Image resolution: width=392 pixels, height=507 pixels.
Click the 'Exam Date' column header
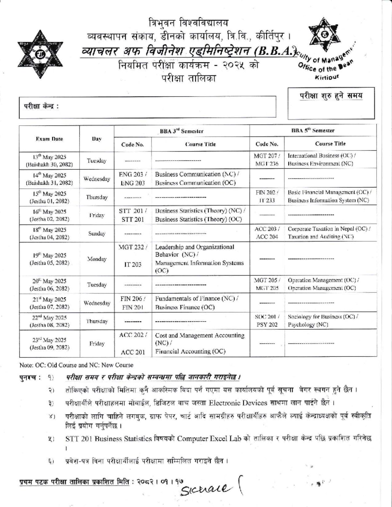click(x=49, y=139)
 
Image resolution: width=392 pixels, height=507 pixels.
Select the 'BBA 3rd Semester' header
click(x=181, y=131)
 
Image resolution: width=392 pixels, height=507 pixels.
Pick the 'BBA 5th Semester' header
click(x=313, y=130)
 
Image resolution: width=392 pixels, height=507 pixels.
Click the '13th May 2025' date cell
click(x=49, y=161)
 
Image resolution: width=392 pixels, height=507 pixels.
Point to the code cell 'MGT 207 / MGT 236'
click(x=267, y=160)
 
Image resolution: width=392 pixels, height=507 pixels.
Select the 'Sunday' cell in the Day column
click(x=97, y=233)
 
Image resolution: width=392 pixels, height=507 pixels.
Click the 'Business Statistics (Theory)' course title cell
click(x=200, y=215)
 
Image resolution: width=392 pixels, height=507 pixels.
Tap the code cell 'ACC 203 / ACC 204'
click(x=267, y=233)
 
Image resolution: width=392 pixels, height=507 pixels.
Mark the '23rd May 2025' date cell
click(x=49, y=343)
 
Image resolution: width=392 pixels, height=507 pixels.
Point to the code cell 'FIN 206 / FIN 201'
click(x=132, y=303)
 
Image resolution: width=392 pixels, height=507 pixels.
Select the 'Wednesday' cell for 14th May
click(x=97, y=179)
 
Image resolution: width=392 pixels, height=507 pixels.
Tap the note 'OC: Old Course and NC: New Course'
click(x=76, y=365)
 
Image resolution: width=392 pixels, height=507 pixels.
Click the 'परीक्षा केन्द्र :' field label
click(x=41, y=106)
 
